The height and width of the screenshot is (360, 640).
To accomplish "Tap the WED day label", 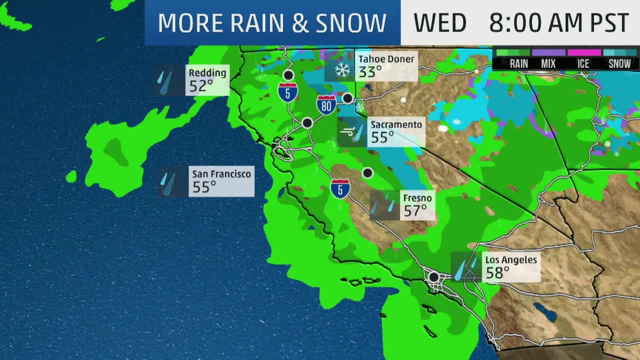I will (x=439, y=23).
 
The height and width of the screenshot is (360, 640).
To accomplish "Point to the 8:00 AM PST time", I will (x=558, y=23).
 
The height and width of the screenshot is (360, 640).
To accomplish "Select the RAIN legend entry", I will (x=518, y=63).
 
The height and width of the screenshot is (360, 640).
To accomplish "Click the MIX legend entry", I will (x=548, y=63).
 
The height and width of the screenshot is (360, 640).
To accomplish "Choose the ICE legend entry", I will (x=583, y=63).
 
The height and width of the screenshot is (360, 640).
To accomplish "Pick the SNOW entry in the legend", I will (x=619, y=63).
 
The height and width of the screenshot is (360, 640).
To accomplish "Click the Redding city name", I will (x=207, y=73).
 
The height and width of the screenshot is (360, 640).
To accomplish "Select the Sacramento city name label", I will (x=396, y=124).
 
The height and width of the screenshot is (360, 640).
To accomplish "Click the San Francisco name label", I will (x=221, y=174).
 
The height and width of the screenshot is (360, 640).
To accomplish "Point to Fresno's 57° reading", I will (x=415, y=211).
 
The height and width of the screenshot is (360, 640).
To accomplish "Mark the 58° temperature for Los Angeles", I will (x=497, y=272).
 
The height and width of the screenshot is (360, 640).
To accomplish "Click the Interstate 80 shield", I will (x=326, y=105).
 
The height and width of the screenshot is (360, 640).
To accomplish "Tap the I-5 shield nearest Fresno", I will (x=340, y=188).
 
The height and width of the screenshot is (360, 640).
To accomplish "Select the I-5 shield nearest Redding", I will (x=288, y=92).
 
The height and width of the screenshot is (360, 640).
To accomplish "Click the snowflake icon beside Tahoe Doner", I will (x=342, y=70).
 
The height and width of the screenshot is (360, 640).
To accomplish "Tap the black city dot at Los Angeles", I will (x=433, y=276).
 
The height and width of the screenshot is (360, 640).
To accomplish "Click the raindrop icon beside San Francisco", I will (x=168, y=181).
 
